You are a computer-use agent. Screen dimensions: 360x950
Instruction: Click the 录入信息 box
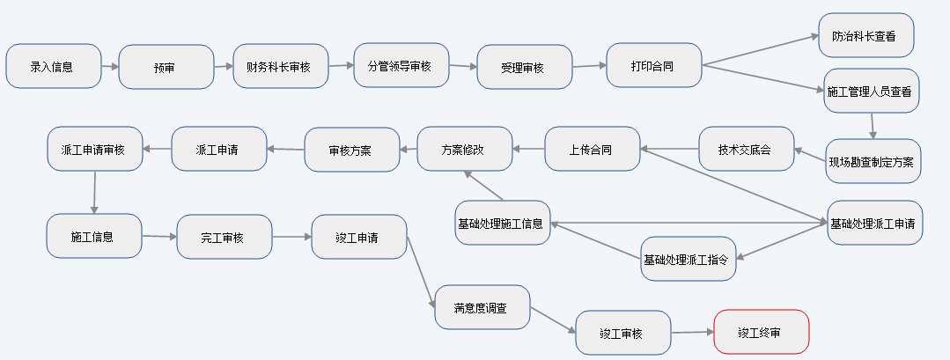[52, 66]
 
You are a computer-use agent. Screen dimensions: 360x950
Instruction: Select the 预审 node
[166, 67]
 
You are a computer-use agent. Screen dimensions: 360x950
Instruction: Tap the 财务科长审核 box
[279, 66]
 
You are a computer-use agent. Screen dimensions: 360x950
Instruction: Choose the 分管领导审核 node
[400, 65]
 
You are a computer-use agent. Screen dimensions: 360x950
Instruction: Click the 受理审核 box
[523, 67]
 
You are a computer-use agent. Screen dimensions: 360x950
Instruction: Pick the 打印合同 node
[653, 65]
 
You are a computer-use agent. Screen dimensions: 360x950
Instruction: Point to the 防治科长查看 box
[865, 36]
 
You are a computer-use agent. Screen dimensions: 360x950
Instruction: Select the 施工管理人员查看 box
[871, 91]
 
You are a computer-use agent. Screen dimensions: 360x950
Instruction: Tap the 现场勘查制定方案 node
[873, 161]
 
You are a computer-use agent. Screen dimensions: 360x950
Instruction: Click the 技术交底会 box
[746, 149]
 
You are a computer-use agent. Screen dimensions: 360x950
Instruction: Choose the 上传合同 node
[592, 149]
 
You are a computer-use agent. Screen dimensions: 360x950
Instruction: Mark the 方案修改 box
[463, 149]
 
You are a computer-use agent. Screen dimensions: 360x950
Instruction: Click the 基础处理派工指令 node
[687, 259]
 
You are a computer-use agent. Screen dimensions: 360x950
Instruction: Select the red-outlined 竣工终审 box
[760, 332]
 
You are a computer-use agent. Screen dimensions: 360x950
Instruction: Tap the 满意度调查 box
[482, 307]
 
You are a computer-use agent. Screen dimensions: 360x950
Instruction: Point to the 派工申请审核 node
[94, 149]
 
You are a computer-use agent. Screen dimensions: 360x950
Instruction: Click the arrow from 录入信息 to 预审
[108, 66]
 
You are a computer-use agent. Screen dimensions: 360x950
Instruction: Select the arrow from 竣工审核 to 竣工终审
[691, 333]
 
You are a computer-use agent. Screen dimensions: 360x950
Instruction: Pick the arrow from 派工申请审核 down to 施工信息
[93, 192]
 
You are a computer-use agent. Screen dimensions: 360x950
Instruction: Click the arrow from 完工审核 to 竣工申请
[291, 237]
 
